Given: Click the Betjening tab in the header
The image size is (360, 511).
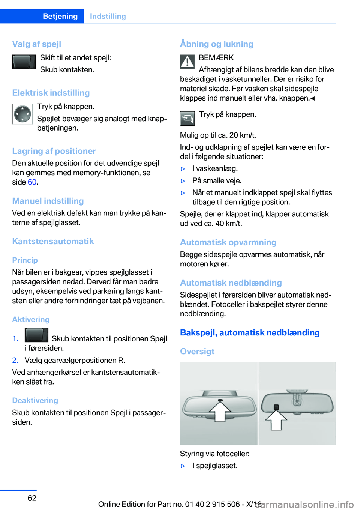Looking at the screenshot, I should point(60,16).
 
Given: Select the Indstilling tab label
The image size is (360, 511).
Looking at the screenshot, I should point(108,16).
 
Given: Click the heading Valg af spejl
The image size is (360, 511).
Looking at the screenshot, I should point(36,44).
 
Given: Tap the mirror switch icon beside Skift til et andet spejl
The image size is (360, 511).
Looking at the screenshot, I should point(24,62).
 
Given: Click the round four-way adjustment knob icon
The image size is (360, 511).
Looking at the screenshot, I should point(22,114).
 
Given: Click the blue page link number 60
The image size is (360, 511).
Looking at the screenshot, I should point(32,182).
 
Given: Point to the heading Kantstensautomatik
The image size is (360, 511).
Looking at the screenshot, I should point(53,241).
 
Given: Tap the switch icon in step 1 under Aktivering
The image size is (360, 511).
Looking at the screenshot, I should point(36,335).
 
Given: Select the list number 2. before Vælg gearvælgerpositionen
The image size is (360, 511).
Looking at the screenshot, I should point(15,360).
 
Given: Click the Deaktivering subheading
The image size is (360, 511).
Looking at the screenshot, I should point(35,400).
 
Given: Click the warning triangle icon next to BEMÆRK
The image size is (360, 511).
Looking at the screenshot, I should point(187,62).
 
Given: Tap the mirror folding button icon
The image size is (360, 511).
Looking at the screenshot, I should point(187,119).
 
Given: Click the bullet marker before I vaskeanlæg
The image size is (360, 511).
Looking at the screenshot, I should point(183,169).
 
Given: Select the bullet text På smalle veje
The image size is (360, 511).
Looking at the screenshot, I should point(217,181).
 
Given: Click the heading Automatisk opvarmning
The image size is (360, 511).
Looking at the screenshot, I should point(228,242).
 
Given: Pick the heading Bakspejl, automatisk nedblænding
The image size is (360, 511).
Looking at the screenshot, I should point(250,333).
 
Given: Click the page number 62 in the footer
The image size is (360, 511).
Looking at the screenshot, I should point(32,498).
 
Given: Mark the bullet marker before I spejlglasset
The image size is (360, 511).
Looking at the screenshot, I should point(183,466).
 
